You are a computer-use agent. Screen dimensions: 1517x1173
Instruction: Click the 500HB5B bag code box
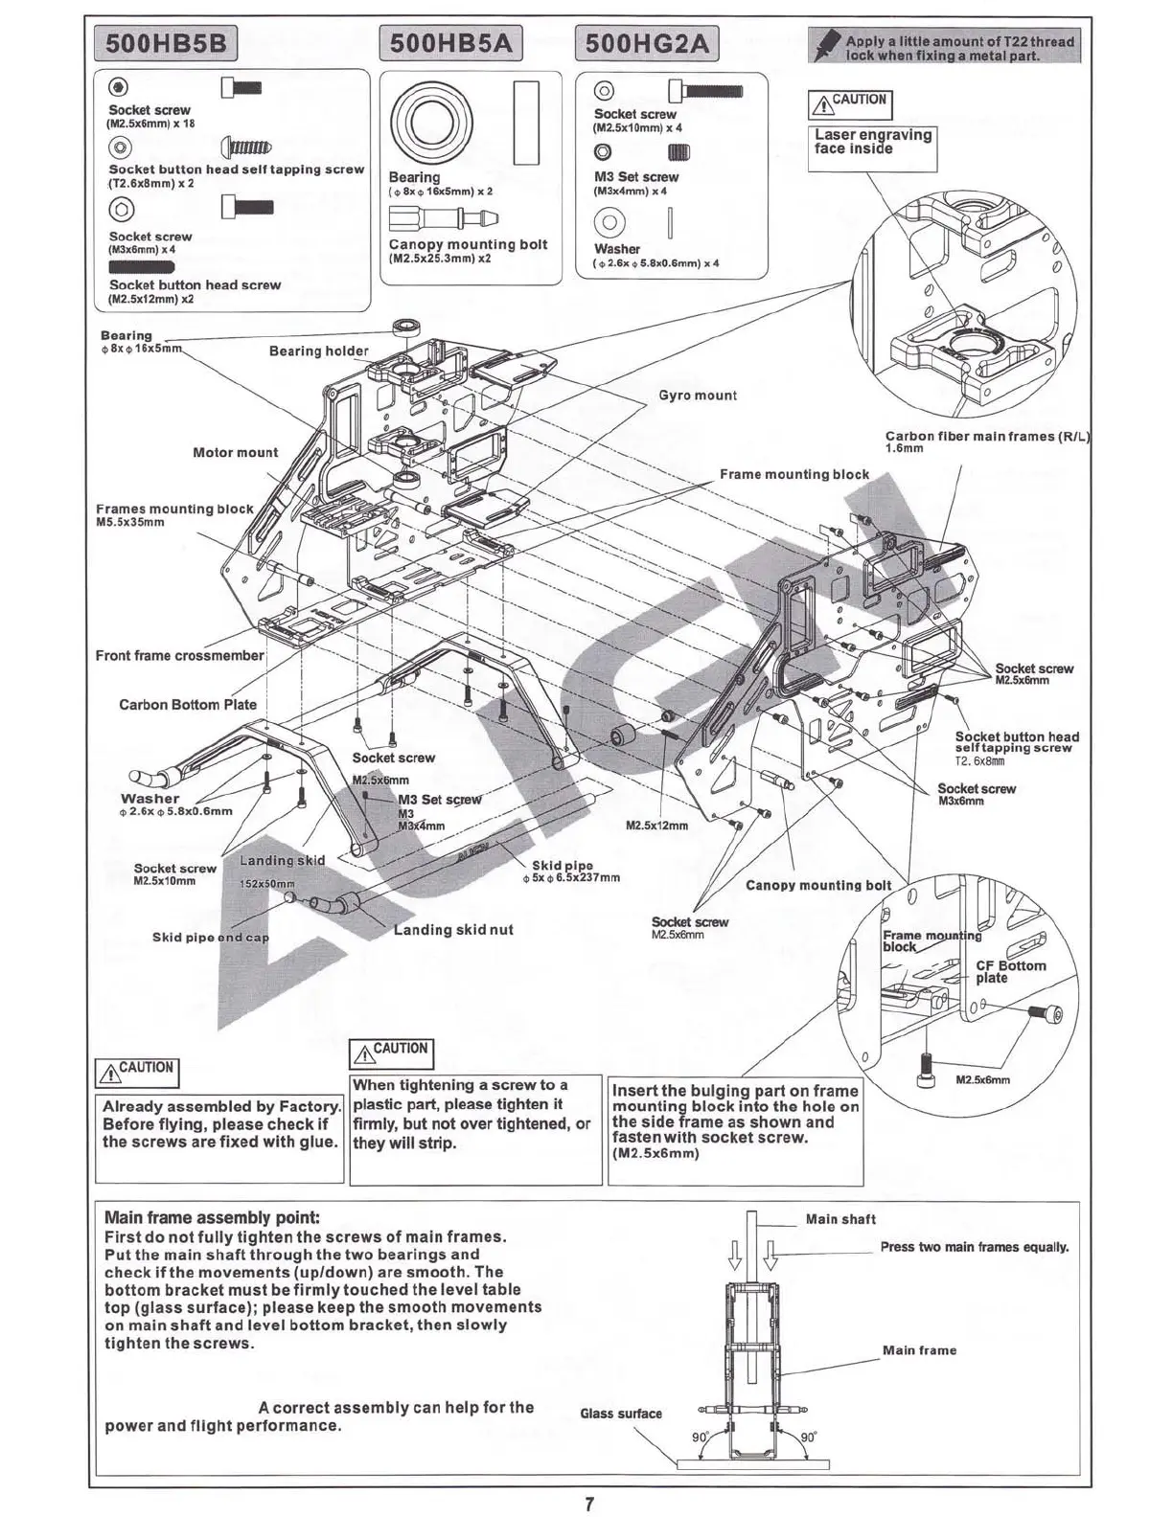[167, 44]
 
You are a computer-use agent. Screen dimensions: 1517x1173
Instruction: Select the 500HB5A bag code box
[452, 44]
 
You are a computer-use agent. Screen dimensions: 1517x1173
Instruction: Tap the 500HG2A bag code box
[647, 44]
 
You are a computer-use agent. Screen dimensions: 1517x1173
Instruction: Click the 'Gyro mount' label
[698, 396]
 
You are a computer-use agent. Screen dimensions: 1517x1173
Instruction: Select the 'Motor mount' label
[235, 452]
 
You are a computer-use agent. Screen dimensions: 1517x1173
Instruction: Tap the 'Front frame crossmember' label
[179, 656]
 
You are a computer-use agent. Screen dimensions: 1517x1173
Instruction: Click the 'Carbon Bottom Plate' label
[188, 705]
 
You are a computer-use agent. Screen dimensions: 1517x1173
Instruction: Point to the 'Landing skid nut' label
[453, 930]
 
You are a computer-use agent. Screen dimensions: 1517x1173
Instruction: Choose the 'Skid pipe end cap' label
[211, 938]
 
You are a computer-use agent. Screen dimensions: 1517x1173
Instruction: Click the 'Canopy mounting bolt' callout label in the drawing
[818, 886]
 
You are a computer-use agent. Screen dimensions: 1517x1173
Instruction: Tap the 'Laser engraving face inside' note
[872, 142]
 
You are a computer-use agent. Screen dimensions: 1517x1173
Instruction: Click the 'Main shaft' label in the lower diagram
[840, 1219]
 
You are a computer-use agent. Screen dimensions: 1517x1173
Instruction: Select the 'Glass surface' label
[621, 1414]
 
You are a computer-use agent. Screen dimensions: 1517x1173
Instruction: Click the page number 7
[588, 1504]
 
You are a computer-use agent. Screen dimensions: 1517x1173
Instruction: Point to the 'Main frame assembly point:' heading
[212, 1218]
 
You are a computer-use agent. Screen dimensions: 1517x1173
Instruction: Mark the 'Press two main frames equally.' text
[974, 1247]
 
